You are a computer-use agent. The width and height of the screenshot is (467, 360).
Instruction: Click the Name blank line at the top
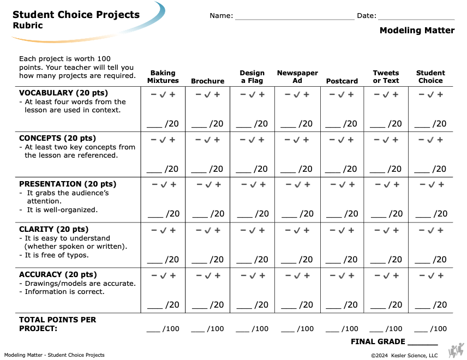coord(295,20)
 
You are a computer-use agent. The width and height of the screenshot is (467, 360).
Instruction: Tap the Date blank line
coord(416,20)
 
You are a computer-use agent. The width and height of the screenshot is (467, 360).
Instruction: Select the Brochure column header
coord(208,81)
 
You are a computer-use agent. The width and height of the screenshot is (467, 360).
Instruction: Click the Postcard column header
coord(342,81)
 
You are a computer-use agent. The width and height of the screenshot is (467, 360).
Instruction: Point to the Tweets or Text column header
coord(386,77)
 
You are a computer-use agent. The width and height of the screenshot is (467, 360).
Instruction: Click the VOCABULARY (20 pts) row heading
coord(63,93)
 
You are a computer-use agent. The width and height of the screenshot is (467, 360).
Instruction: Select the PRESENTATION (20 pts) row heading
coord(68,184)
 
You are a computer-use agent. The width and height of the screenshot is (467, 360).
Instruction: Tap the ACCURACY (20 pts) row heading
coord(58,274)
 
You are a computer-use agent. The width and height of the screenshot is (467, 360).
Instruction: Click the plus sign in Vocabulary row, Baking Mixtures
coord(172,94)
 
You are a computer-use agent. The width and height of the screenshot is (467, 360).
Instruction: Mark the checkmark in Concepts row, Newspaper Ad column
coord(296,140)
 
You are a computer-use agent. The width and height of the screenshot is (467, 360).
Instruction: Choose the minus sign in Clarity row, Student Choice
coord(422,230)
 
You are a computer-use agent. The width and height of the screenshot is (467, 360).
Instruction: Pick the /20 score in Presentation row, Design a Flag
coord(262,213)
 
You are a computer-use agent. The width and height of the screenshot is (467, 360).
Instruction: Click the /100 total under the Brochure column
coord(215,329)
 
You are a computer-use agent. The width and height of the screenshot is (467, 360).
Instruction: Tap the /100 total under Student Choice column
coord(439,329)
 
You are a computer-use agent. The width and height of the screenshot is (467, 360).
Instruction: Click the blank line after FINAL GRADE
coord(423,345)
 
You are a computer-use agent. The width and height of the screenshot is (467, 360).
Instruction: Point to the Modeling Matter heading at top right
coord(417,31)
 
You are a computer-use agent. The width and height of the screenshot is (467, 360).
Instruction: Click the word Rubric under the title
coord(28,26)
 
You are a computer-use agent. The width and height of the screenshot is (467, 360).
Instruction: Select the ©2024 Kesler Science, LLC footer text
coord(404,355)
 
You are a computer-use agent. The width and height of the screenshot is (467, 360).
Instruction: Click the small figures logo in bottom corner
coord(456,351)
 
